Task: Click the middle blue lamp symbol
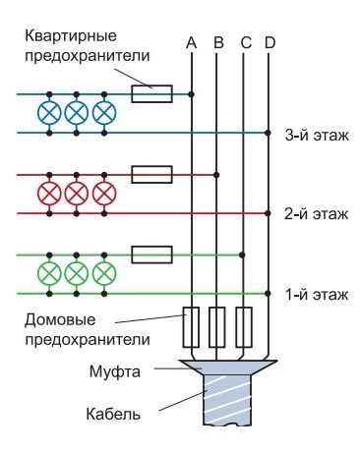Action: tap(76, 112)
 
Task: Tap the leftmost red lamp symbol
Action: tap(49, 192)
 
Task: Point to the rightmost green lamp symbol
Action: tap(102, 272)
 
